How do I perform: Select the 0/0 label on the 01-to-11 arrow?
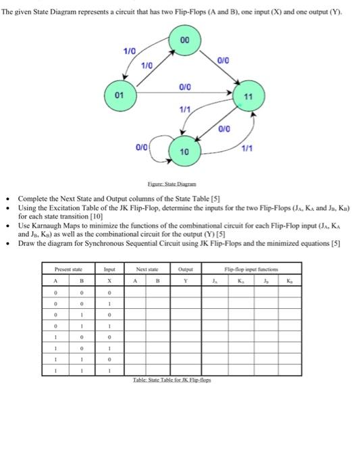coord(183,86)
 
